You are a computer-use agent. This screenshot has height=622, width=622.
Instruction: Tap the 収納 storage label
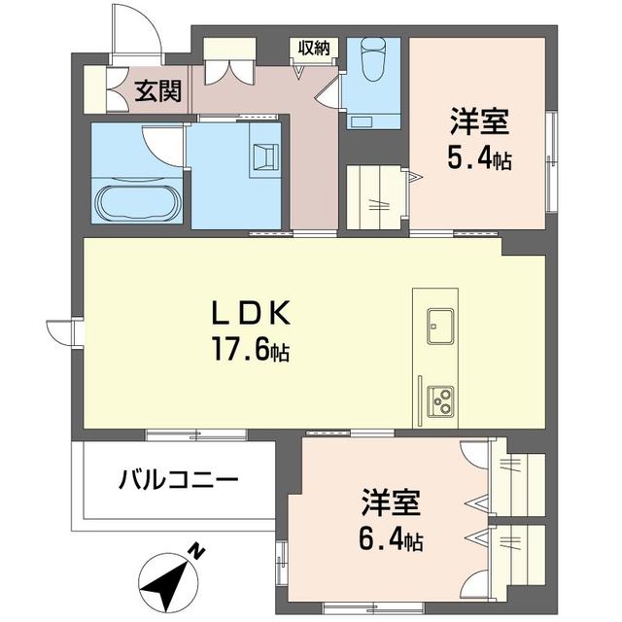[x=313, y=47]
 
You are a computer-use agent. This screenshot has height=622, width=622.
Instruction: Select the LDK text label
[x=251, y=314]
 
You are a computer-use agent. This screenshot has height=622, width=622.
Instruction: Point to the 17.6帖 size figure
[x=252, y=348]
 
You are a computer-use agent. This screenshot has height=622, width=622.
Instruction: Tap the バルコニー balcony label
[x=179, y=480]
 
